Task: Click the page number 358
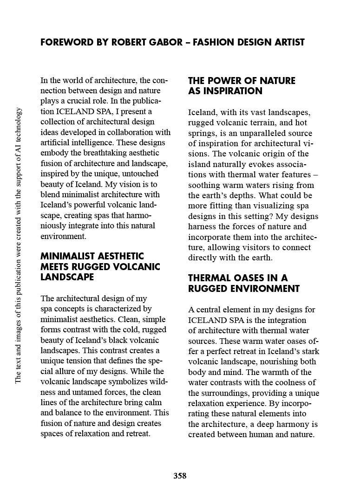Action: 180,476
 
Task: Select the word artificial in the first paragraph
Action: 54,142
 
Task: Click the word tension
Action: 85,361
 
